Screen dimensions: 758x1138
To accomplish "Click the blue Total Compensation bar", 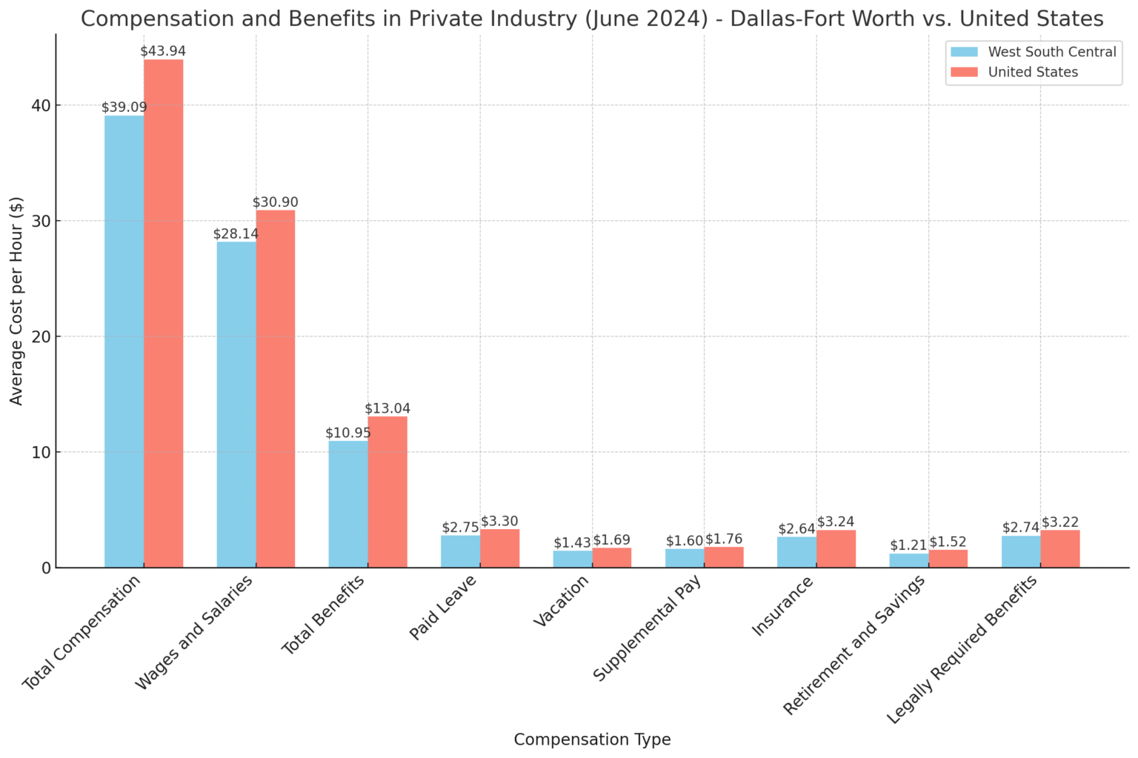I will tap(124, 341).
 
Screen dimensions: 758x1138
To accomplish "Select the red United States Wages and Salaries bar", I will tap(276, 388).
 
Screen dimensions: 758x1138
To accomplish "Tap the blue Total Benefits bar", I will tap(348, 504).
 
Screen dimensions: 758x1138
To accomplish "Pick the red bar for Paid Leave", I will tap(499, 548).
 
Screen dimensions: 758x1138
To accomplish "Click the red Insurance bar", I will tap(836, 549).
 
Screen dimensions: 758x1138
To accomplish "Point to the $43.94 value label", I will tap(163, 51).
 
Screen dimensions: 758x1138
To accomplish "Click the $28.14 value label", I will tap(236, 233).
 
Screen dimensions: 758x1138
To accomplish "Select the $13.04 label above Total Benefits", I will tap(387, 408).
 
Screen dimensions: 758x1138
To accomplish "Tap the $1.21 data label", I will tap(908, 545).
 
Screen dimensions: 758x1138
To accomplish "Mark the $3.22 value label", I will tap(1060, 522).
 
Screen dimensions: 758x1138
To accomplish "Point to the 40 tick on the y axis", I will tap(41, 105).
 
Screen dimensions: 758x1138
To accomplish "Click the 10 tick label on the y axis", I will tap(41, 452).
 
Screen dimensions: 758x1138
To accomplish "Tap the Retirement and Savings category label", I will tap(854, 645).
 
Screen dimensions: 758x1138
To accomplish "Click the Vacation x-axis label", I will tap(561, 601).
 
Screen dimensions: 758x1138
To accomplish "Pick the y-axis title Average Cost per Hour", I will tap(16, 301).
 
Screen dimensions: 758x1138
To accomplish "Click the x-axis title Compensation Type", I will tap(592, 739).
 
